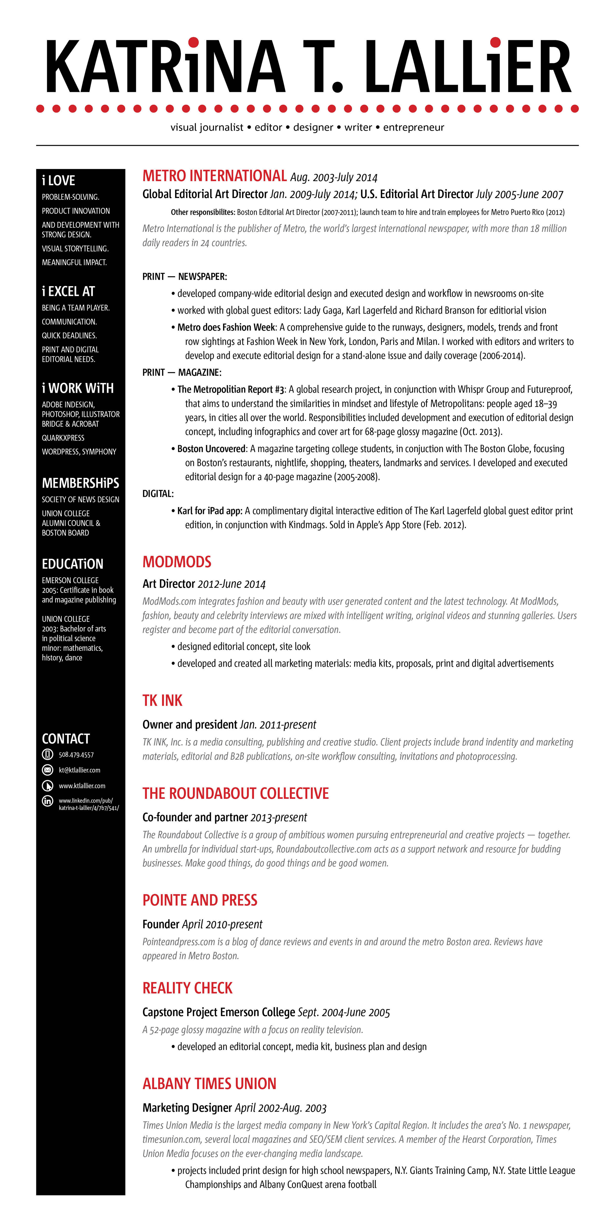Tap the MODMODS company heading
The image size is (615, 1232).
point(177,562)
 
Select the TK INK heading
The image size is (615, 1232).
point(163,701)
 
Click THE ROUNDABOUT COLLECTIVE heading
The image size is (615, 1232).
point(236,793)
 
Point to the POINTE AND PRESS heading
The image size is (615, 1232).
point(200,900)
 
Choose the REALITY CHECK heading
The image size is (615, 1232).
point(187,988)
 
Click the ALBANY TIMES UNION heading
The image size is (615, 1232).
point(209,1084)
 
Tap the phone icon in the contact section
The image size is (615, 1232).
point(47,755)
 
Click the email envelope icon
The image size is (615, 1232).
point(47,770)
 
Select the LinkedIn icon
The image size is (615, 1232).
point(47,801)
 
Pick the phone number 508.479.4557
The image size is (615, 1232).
point(76,755)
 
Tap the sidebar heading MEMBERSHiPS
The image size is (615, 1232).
point(80,483)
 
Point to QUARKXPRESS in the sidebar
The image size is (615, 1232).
point(63,438)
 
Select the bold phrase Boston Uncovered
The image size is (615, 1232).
point(211,449)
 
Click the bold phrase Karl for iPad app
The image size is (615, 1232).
point(209,511)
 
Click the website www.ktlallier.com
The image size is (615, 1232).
point(82,786)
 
